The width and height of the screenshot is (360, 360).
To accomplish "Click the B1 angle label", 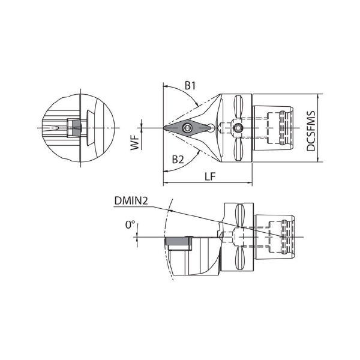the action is (190, 86).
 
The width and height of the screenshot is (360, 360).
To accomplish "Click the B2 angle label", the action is (178, 160).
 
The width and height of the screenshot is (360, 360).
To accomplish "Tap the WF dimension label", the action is (135, 143).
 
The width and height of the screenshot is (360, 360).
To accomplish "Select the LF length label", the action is (210, 176).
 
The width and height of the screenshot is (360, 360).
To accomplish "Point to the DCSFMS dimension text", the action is (311, 131).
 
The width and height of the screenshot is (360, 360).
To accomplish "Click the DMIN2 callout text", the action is (131, 201).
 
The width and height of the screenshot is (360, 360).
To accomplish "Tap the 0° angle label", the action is (130, 224).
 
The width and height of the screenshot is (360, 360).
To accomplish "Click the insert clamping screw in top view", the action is (187, 128).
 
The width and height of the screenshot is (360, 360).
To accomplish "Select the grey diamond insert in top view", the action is (187, 128).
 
